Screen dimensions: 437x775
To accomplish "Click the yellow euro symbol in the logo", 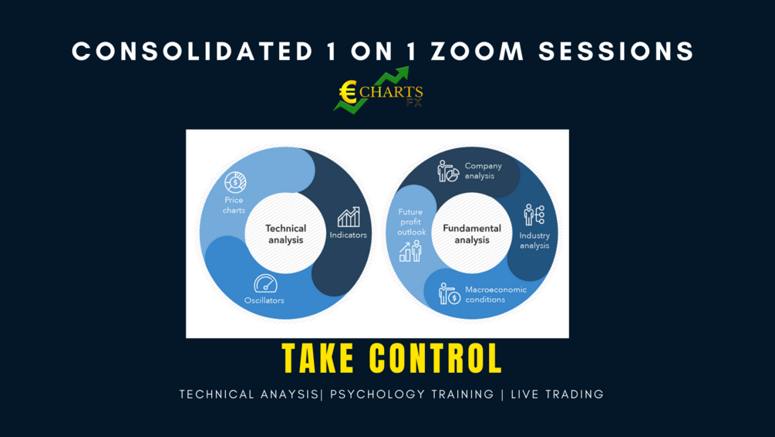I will pos(349,93).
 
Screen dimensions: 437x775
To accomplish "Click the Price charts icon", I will pos(234,182).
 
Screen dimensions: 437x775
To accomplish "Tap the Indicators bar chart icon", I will pos(348,217).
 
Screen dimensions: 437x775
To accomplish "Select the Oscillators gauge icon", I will pos(265,283).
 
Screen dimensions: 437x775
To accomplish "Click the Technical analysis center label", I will pos(285,233).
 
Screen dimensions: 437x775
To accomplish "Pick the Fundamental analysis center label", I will pos(472,233).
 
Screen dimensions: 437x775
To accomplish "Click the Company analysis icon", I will pos(448,171).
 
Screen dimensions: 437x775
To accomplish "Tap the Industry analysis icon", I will pos(534,215).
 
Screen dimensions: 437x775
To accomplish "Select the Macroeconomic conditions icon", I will pos(449,294).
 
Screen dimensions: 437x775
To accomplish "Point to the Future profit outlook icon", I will pos(410,251).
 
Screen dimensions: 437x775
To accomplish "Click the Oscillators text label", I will pos(265,300).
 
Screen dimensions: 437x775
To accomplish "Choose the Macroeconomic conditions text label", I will pos(496,294).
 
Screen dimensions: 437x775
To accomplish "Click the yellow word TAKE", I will pos(318,359).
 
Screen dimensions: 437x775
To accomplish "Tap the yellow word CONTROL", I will pos(436,359).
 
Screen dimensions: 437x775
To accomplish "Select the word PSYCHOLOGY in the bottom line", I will pos(372,395).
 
